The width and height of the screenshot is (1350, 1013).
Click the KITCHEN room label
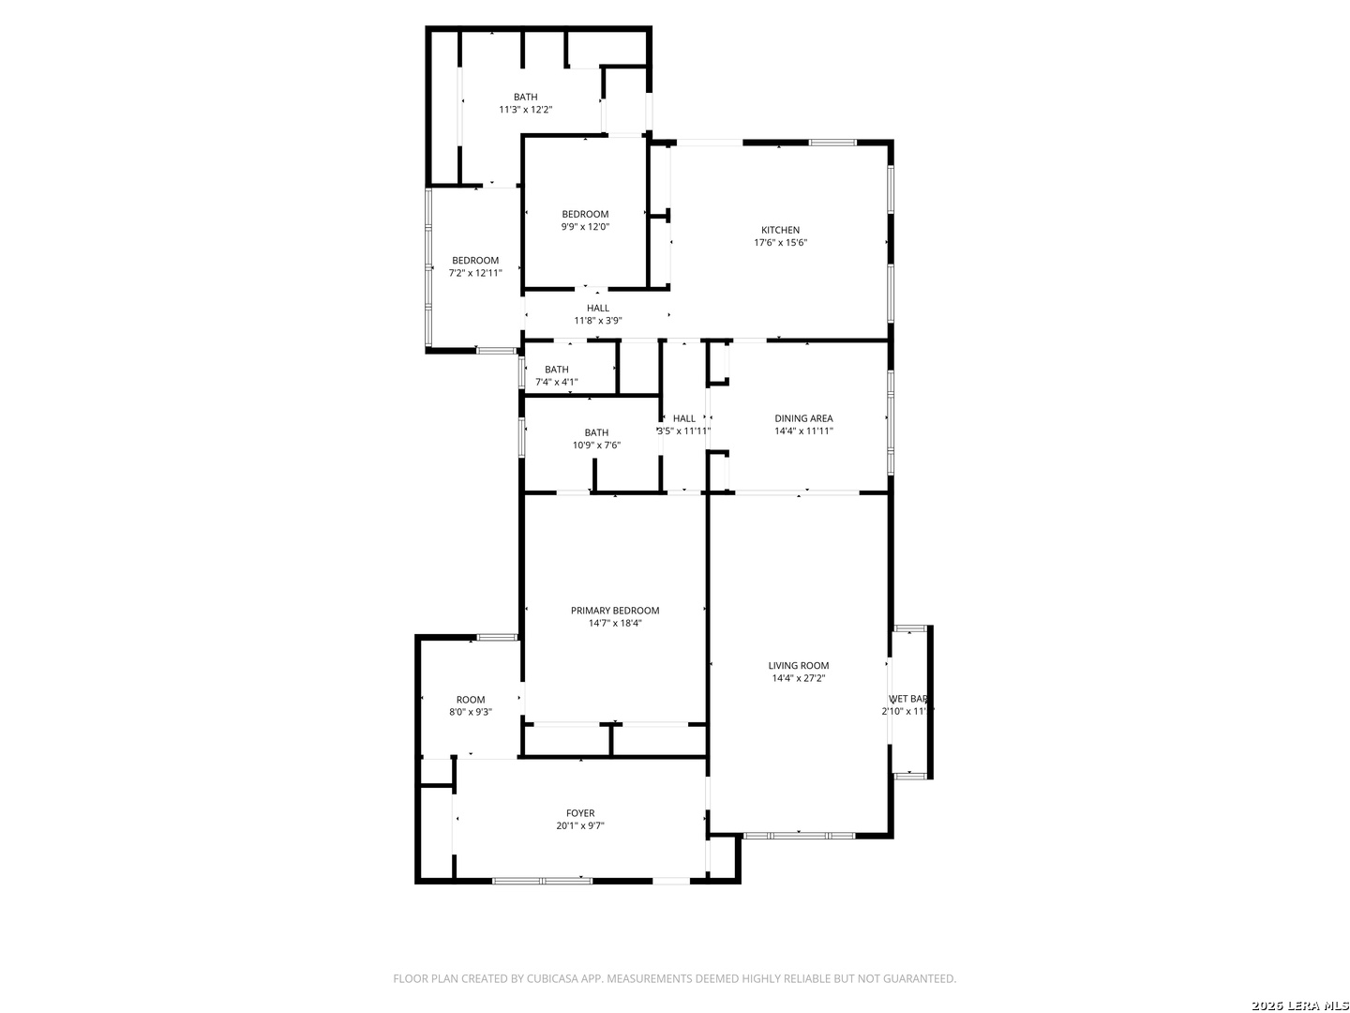tap(780, 230)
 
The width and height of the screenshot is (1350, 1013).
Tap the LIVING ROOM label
tap(799, 666)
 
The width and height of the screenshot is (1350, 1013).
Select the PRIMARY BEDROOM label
tap(615, 611)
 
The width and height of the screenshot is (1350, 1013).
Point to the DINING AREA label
tap(803, 418)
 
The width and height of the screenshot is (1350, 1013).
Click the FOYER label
tap(580, 813)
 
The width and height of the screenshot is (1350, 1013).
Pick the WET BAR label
tap(907, 699)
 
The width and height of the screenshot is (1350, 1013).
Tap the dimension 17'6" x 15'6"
tap(780, 243)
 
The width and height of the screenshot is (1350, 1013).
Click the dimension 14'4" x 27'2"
tap(799, 678)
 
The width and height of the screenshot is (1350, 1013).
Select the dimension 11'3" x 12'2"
tap(525, 110)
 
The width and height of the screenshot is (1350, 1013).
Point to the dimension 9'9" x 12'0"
tap(585, 226)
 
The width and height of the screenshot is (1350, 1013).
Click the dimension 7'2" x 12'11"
tap(475, 273)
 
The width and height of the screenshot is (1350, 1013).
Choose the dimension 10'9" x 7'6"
tap(596, 446)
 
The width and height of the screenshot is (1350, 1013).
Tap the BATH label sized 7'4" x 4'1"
tap(556, 370)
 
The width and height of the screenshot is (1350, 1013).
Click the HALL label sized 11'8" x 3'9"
tap(598, 308)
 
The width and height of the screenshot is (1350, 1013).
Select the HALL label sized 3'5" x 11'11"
tap(684, 418)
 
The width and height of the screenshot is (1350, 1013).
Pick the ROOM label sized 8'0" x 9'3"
tap(471, 700)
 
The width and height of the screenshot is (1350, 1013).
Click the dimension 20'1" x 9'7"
tap(580, 826)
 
